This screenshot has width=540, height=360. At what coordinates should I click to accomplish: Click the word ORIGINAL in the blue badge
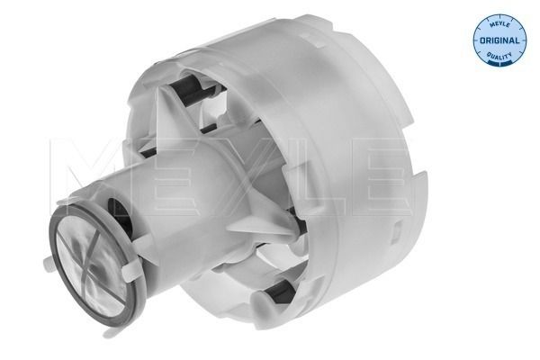click(499, 41)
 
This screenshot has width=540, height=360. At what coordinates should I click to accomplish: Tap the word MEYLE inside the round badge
click(499, 27)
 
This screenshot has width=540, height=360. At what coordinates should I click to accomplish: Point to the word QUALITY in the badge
click(499, 56)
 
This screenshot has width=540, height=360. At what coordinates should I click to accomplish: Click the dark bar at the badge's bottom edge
click(499, 66)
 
